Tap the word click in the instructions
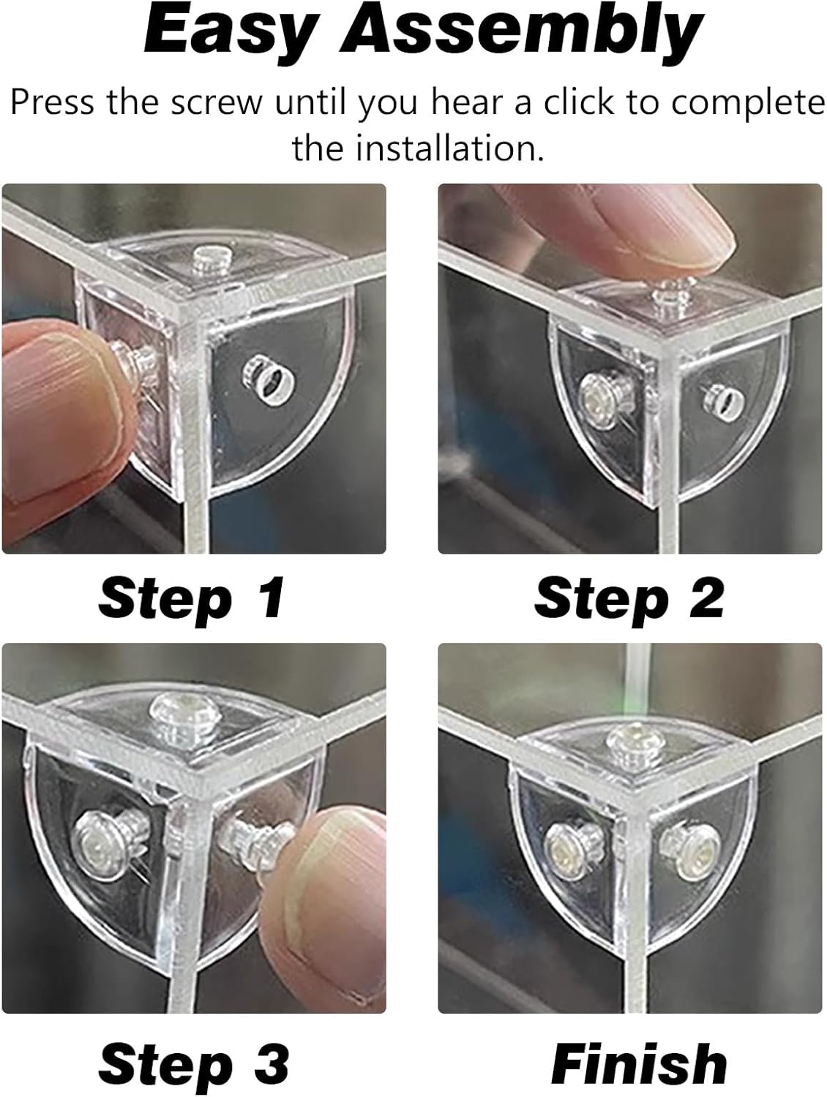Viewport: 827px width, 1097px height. point(577,102)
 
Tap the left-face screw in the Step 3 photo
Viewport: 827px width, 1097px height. point(102,844)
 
